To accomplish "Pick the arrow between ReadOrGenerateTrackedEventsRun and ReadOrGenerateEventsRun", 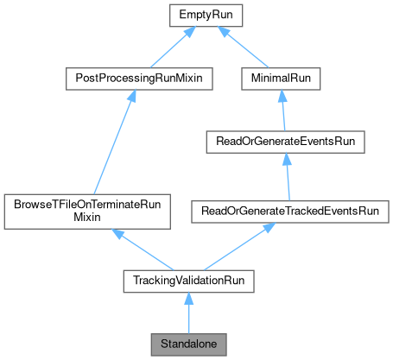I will (x=286, y=173).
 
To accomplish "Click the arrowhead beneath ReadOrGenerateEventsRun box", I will (x=284, y=157).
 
